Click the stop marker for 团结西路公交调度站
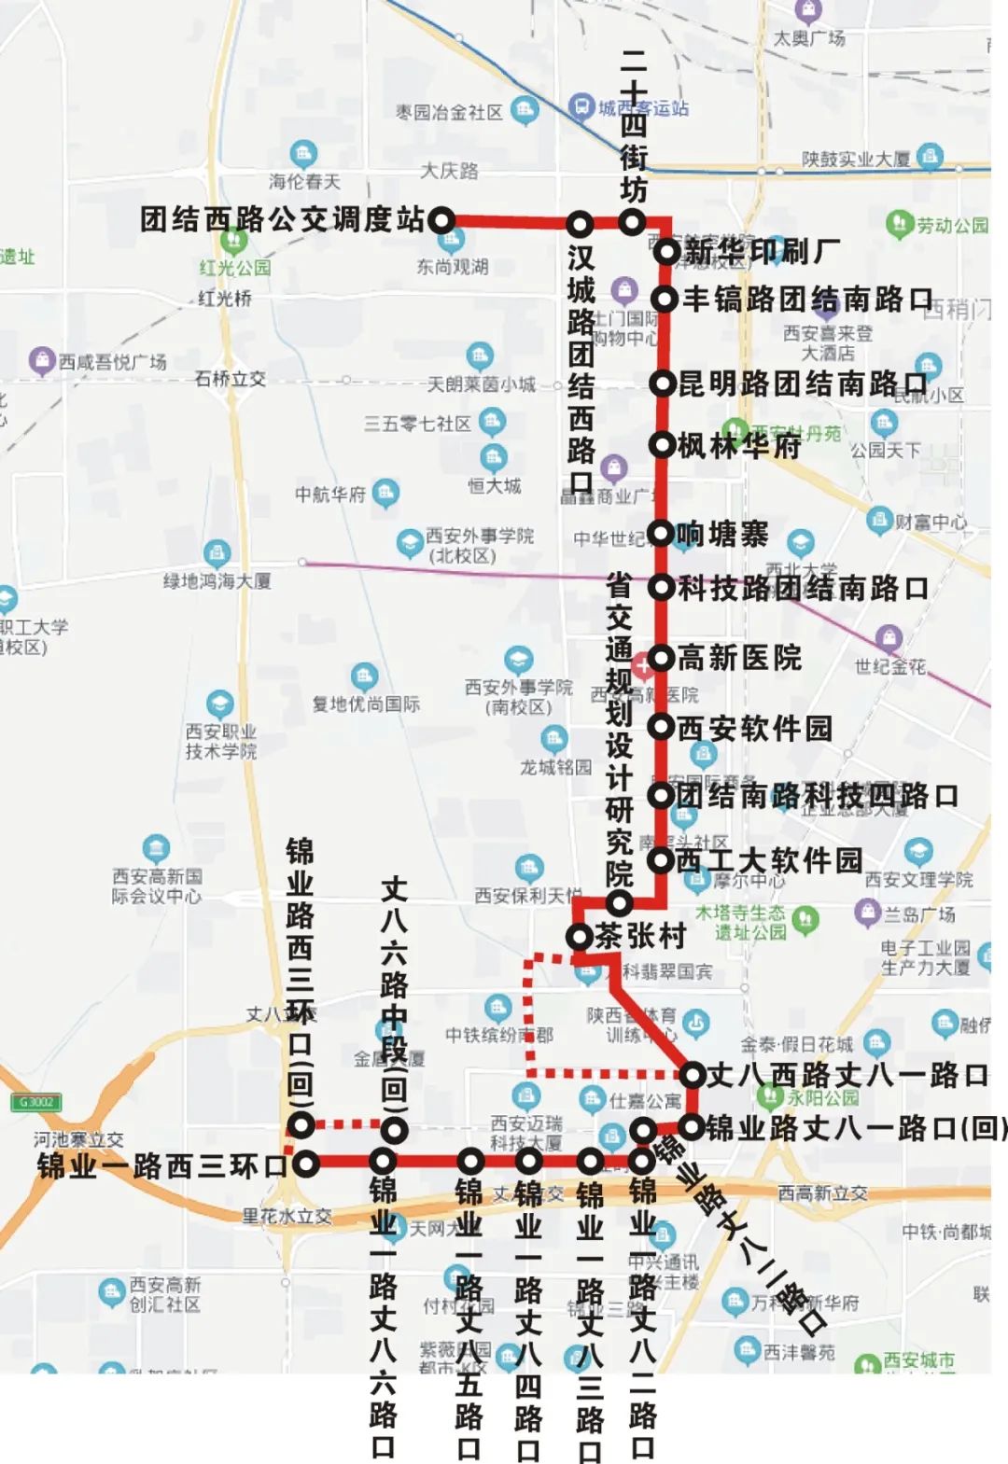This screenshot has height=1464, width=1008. pyautogui.click(x=441, y=221)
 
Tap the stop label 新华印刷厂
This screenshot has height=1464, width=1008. pyautogui.click(x=762, y=251)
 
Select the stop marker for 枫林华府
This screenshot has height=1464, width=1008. pyautogui.click(x=662, y=445)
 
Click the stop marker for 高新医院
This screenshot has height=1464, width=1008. pyautogui.click(x=661, y=658)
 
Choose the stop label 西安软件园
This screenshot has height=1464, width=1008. pyautogui.click(x=754, y=728)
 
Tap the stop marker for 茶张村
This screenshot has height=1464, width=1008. pyautogui.click(x=580, y=936)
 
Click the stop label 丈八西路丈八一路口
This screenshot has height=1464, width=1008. pyautogui.click(x=847, y=1075)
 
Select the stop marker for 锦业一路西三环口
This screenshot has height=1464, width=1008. pyautogui.click(x=306, y=1164)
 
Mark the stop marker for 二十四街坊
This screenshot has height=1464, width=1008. pyautogui.click(x=632, y=222)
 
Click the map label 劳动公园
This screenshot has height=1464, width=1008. pyautogui.click(x=951, y=225)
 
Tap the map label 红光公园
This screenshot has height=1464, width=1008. pyautogui.click(x=234, y=268)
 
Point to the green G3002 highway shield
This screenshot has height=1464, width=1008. pyautogui.click(x=35, y=1102)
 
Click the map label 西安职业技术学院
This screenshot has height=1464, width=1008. pyautogui.click(x=220, y=741)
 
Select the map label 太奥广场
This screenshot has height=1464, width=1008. pyautogui.click(x=809, y=38)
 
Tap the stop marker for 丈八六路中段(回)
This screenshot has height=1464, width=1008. pyautogui.click(x=395, y=1130)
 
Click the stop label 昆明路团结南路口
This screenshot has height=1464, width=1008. pyautogui.click(x=803, y=383)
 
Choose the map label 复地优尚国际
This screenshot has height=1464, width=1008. pyautogui.click(x=366, y=704)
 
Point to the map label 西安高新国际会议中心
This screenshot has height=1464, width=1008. pyautogui.click(x=157, y=885)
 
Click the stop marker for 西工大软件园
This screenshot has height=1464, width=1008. pyautogui.click(x=661, y=860)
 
